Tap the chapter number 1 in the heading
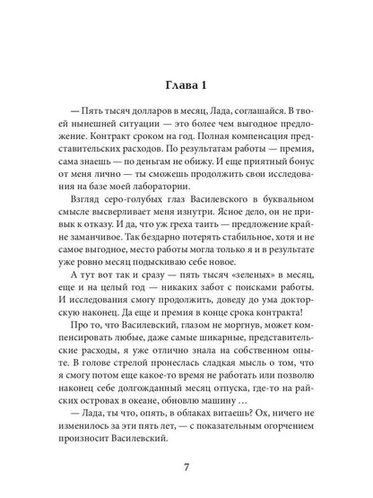point(204,85)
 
